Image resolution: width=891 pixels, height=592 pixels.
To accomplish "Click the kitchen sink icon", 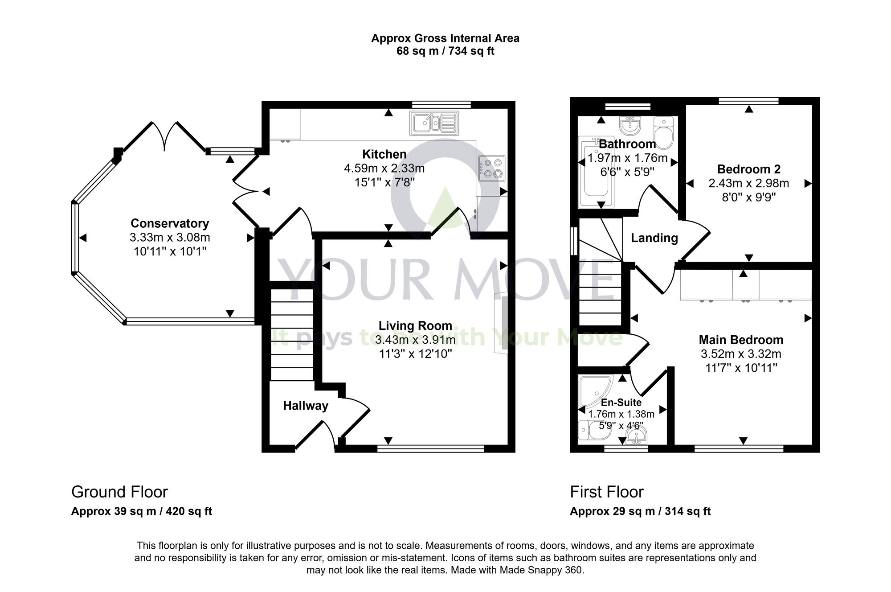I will (x=434, y=123).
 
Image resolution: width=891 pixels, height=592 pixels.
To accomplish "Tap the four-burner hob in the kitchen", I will (x=492, y=169).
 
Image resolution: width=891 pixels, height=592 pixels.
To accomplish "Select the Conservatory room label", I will (x=170, y=223).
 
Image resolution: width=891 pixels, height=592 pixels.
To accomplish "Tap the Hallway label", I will (x=306, y=406).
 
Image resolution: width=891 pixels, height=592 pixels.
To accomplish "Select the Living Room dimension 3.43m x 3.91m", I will (x=415, y=340).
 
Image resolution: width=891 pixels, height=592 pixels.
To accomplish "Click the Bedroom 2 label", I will (x=749, y=169).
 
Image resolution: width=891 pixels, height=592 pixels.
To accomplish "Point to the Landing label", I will (x=654, y=238).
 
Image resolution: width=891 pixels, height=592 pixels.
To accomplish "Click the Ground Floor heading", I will (x=119, y=492).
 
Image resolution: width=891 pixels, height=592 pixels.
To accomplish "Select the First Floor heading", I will (x=607, y=492).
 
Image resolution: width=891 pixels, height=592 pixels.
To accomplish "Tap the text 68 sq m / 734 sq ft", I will (x=445, y=51).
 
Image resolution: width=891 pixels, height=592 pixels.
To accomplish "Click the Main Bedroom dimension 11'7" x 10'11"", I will (x=741, y=368).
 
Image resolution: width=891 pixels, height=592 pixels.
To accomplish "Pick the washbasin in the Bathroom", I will (x=629, y=125).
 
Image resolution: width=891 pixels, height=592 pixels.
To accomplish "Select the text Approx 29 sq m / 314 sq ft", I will (x=640, y=511).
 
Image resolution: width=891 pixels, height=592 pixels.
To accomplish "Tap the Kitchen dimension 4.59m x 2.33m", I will (x=384, y=169).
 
